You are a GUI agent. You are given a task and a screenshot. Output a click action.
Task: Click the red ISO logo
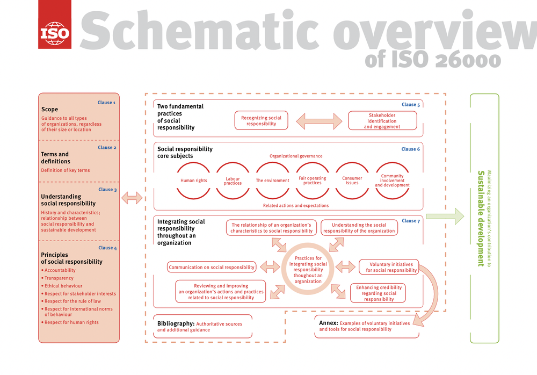pos(54,24)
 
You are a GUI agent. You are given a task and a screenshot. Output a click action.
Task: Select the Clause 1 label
pos(106,103)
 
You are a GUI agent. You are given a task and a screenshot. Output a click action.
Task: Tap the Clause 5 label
pos(411,105)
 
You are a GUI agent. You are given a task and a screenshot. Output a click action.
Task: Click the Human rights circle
pos(194,181)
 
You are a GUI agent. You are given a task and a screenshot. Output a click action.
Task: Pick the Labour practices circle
pos(233,181)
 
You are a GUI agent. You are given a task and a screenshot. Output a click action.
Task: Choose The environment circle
pos(272,181)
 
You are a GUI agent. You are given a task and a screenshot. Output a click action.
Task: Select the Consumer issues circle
pos(352,181)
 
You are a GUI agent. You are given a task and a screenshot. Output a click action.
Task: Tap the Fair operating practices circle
pos(312,181)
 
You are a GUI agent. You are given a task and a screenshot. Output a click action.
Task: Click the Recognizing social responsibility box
pos(261,121)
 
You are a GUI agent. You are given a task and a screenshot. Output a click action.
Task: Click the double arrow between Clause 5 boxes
pos(319,121)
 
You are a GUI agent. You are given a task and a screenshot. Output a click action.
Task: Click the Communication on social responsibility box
pos(211,267)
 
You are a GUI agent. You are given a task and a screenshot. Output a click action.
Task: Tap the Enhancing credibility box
pos(379,293)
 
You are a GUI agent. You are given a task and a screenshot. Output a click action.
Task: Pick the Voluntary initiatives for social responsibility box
pos(391,267)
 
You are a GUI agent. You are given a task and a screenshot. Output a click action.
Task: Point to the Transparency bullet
pos(59,278)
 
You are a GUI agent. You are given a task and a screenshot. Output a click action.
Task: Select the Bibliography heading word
pos(175,323)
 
